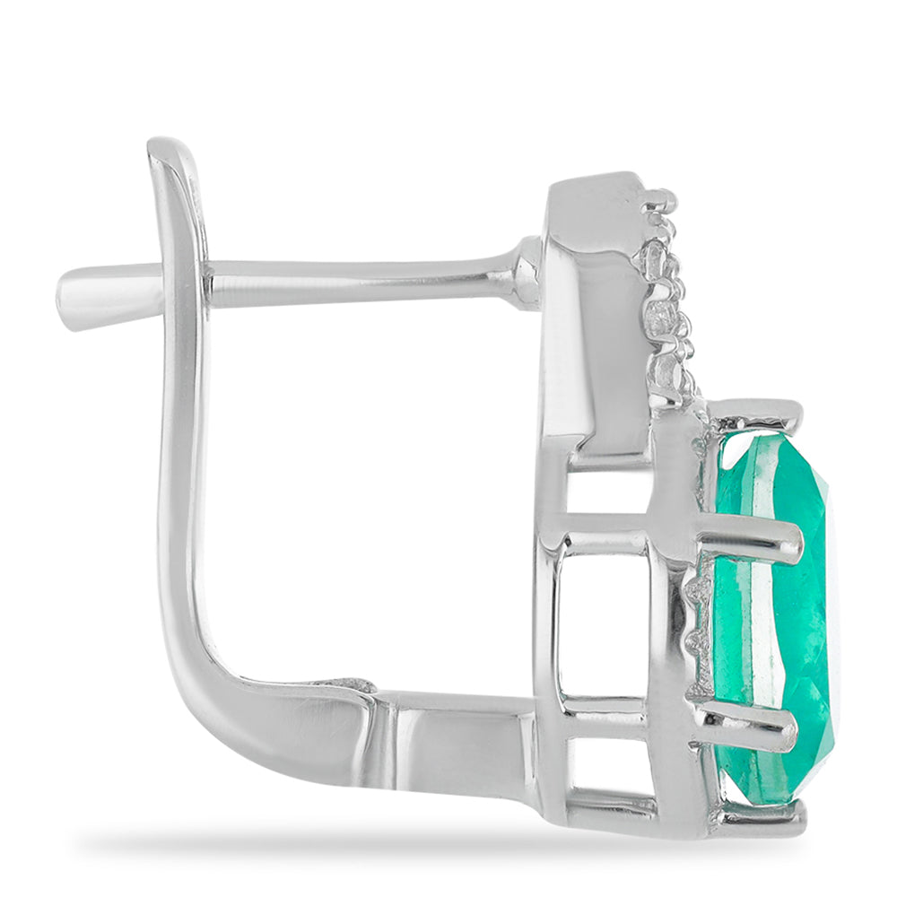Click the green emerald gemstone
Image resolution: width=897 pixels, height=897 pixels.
[x=771, y=619]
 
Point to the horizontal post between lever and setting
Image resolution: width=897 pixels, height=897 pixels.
[x=359, y=281]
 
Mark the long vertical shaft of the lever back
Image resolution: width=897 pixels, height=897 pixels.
[x=184, y=448]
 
